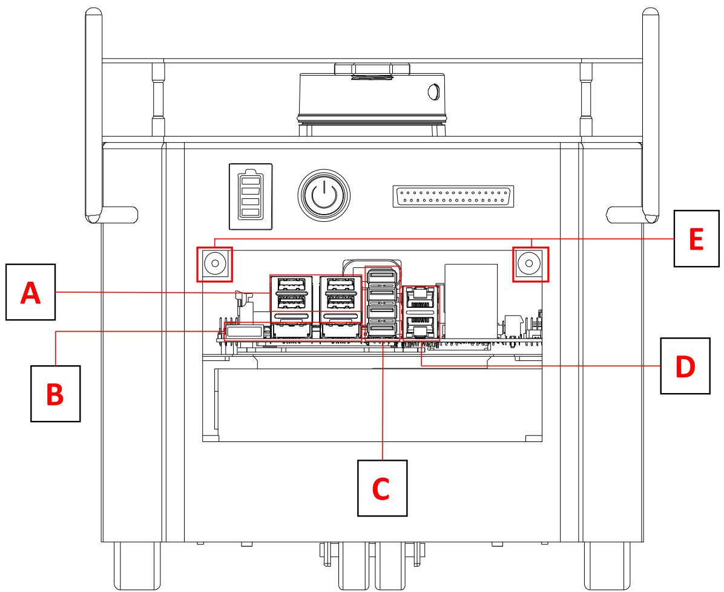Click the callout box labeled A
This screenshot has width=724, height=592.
(x=30, y=292)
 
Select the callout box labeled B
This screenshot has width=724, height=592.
(x=56, y=393)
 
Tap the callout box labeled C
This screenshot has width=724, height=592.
(x=383, y=488)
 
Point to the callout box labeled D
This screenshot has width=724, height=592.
(x=685, y=366)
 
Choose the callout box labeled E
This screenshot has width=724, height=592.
(x=696, y=238)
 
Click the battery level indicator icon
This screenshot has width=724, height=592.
(x=251, y=197)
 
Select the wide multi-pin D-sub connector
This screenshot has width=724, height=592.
(x=453, y=197)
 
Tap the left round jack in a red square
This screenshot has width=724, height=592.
(x=214, y=264)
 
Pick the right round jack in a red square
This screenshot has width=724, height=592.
(x=530, y=264)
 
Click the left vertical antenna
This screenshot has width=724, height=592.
(x=94, y=115)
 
